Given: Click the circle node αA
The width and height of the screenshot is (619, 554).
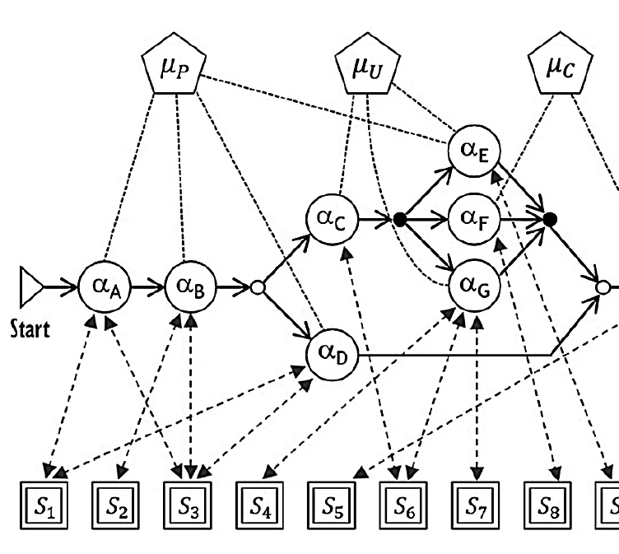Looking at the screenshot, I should [x=105, y=287].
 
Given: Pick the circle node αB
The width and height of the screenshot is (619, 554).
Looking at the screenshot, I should [x=191, y=287].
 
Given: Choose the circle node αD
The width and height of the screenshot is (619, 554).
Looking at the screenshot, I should [x=330, y=354].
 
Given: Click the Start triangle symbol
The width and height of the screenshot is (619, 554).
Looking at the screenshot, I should [x=30, y=287].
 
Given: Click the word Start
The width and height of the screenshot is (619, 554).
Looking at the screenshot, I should [x=30, y=331].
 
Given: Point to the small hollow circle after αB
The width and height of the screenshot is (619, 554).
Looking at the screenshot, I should [x=257, y=287].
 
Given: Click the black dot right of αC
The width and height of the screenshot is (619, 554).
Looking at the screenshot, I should [x=400, y=219].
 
